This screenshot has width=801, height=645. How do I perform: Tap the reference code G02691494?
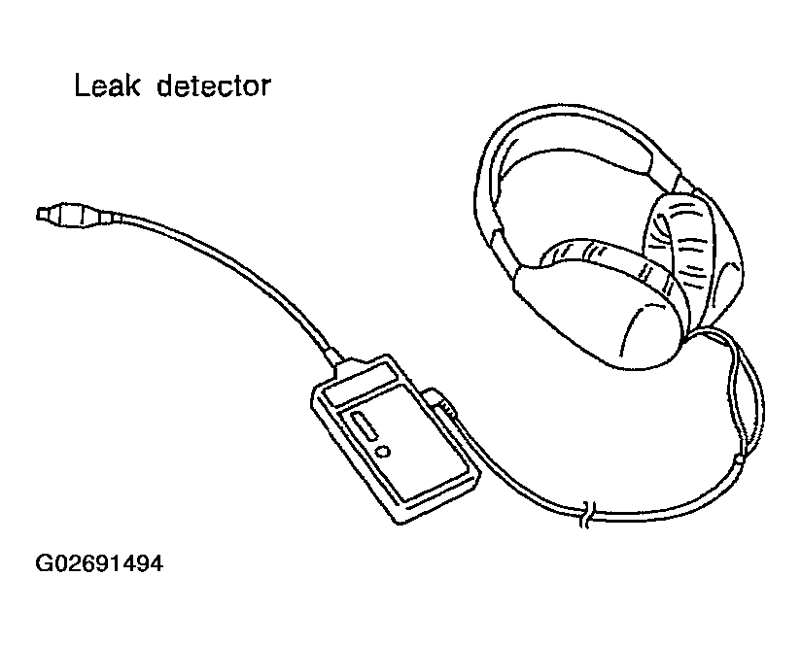click(98, 564)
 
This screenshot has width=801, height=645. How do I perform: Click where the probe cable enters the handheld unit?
click(340, 365)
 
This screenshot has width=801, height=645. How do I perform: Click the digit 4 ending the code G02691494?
click(156, 564)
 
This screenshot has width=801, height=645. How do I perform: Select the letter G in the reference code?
click(44, 564)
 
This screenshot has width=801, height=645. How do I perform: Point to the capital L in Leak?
click(82, 86)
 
